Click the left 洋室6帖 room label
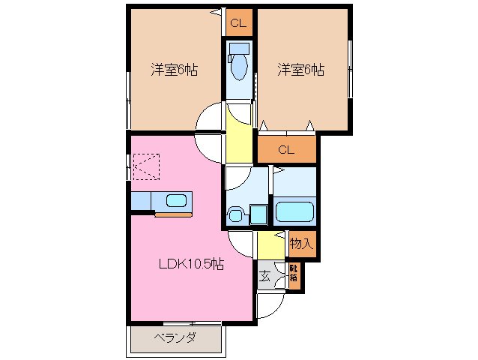tap(174, 70)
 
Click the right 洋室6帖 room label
tap(300, 70)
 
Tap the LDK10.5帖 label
tap(190, 264)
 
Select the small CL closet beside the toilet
tap(238, 24)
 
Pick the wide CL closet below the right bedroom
tap(286, 149)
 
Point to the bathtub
tap(297, 210)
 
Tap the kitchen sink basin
tap(177, 201)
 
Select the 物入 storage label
tap(302, 243)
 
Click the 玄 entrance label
tap(265, 275)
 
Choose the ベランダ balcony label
tap(176, 337)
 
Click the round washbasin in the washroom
tap(235, 216)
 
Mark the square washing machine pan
tap(258, 214)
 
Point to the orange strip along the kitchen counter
tap(173, 214)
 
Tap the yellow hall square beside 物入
tap(267, 245)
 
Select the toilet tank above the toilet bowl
tap(239, 48)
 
